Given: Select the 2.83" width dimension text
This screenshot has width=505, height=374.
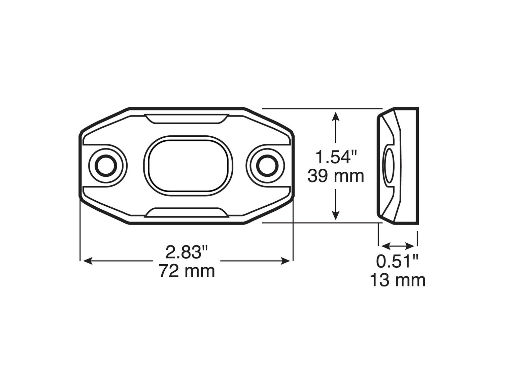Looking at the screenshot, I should pos(187,252).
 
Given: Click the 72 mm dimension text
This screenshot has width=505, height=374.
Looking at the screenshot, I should pos(187,270).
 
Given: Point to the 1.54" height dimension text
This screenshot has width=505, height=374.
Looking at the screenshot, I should pos(336,157).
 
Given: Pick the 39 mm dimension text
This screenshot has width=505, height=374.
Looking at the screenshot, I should pos(336,176).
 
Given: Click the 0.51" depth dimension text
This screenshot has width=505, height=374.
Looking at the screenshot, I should pos(398,261).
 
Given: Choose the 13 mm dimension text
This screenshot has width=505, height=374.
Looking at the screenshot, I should pos(398,280).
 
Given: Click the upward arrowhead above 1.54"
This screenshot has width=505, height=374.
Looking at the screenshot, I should pos(335,116).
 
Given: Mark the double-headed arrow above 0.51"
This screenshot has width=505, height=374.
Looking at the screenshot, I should pos(398,245).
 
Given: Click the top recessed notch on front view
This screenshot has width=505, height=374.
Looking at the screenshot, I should pos(186,118).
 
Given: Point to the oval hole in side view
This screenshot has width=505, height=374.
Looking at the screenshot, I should pos(389,166).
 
